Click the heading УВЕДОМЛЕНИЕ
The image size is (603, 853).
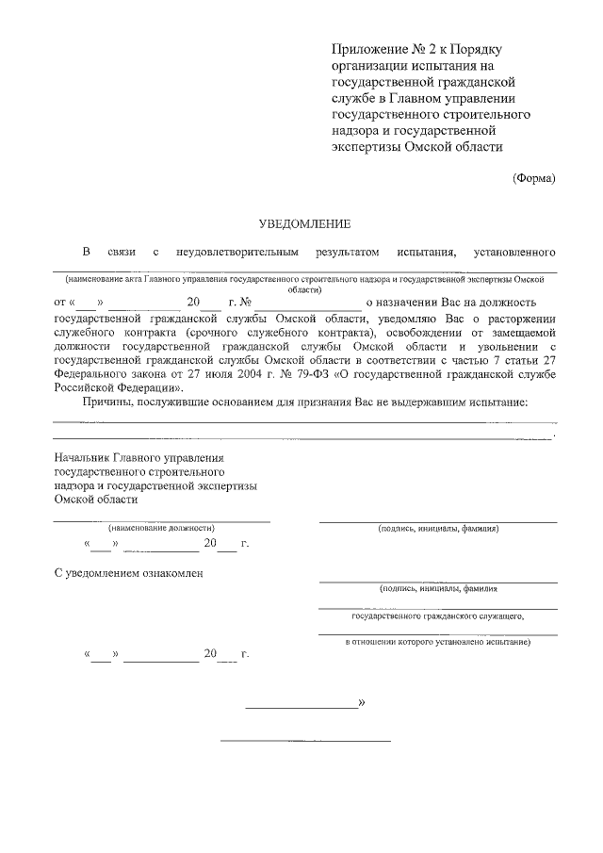click(304, 223)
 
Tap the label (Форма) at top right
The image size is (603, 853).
click(533, 178)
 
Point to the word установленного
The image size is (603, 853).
click(513, 253)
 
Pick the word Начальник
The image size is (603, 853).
click(84, 458)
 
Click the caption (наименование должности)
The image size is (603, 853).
click(161, 529)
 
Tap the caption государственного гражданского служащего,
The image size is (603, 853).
click(437, 615)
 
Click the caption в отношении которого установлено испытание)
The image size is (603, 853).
click(437, 642)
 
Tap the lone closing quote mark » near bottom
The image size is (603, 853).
click(362, 703)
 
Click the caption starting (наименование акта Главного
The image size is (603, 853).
click(304, 281)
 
